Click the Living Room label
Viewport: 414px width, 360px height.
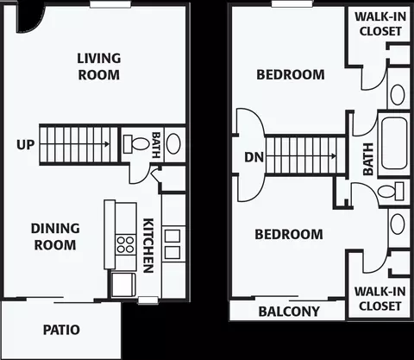point(99,66)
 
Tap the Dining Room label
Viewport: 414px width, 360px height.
point(55,237)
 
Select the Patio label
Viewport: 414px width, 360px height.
point(61,330)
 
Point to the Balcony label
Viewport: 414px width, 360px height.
point(289,312)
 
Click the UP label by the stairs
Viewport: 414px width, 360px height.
point(26,145)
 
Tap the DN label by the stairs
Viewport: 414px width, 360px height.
point(254,157)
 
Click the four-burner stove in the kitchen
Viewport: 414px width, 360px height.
point(125,244)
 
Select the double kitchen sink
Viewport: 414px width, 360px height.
point(172,244)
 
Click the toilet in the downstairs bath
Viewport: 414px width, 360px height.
point(135,144)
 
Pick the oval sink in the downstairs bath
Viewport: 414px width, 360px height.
point(173,143)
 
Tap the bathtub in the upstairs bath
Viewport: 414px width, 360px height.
point(394,144)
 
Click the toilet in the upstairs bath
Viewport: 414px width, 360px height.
point(391,192)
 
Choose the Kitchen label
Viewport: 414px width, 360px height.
point(148,245)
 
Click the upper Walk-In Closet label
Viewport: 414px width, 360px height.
point(380,24)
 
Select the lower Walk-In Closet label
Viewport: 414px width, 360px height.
point(380,299)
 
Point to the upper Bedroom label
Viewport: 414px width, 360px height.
point(291,75)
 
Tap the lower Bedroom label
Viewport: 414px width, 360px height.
point(289,235)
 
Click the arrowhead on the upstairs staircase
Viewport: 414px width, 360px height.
point(334,156)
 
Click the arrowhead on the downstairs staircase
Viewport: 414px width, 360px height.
point(107,144)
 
